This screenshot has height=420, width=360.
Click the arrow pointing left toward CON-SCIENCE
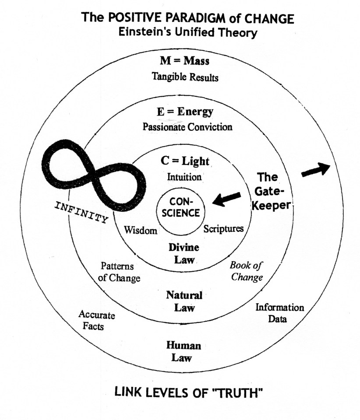coord(226,199)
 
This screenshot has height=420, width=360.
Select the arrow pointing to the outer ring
coord(316,170)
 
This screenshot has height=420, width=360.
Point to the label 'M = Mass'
coord(184,61)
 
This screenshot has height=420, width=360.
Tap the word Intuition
coord(184,177)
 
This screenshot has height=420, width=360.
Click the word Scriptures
coord(223,228)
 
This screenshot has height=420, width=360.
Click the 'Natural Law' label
coord(184,301)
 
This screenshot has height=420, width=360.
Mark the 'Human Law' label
coord(184,351)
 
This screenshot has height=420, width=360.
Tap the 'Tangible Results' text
coord(185,77)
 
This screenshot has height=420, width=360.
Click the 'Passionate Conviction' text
coord(187,127)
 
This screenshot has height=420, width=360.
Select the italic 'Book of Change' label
coord(247,271)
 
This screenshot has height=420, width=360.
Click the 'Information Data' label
coord(279,313)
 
